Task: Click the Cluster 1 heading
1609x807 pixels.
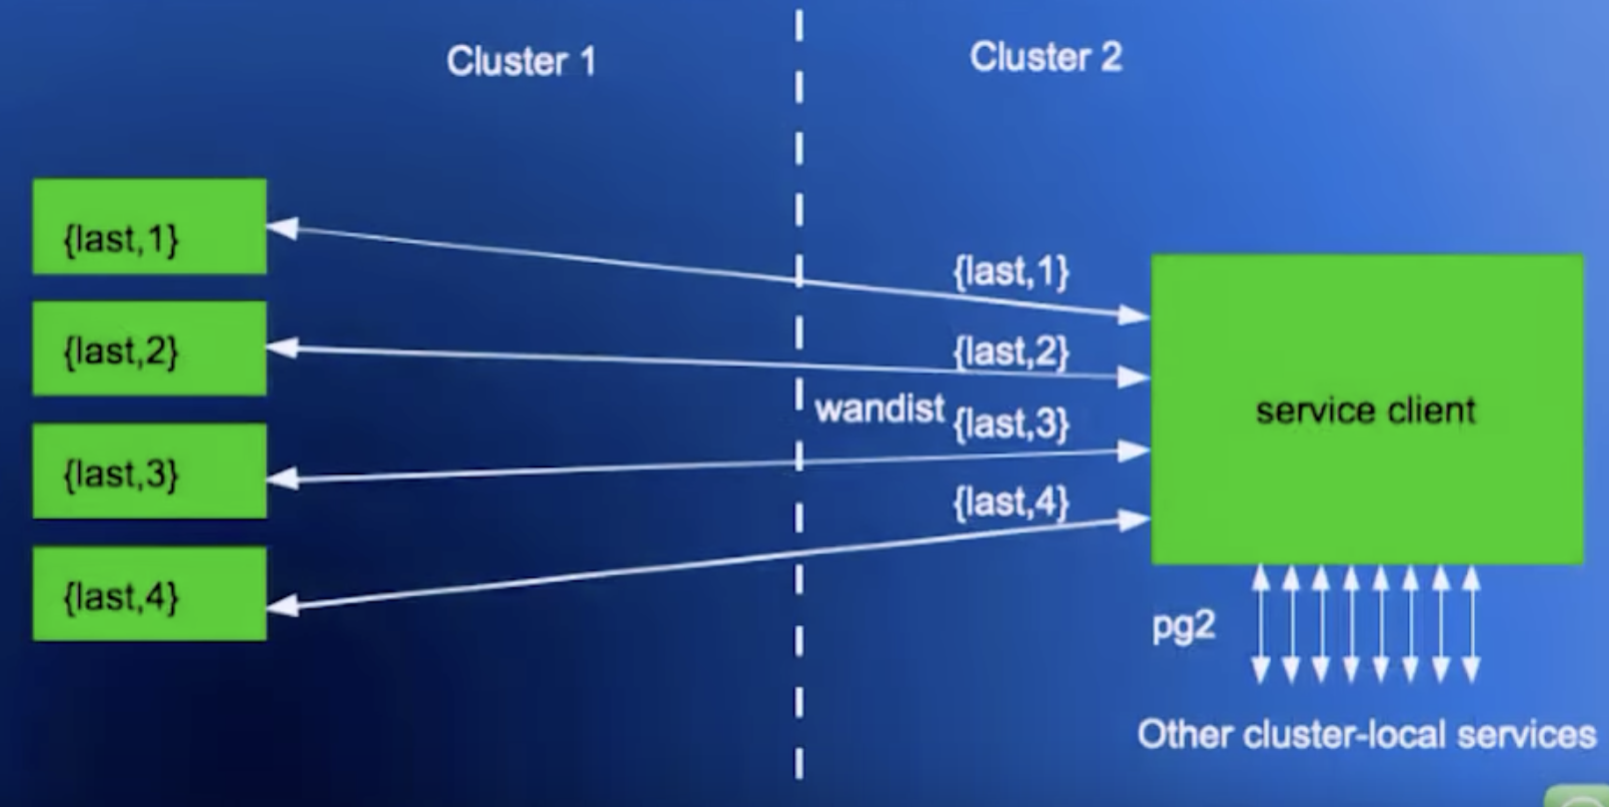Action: (x=521, y=62)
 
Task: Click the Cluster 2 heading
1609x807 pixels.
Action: (x=1045, y=57)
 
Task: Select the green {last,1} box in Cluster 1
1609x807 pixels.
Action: (x=150, y=227)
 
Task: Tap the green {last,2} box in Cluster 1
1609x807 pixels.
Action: (x=150, y=349)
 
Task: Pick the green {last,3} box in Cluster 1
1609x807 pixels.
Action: (x=150, y=471)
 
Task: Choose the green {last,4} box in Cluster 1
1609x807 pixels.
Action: (x=150, y=593)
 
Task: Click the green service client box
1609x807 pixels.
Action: (x=1367, y=409)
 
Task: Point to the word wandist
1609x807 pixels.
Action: (x=879, y=408)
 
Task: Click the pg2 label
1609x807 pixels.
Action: (x=1183, y=626)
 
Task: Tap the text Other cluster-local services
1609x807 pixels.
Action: (x=1366, y=735)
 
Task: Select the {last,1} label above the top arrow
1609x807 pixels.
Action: (x=1010, y=272)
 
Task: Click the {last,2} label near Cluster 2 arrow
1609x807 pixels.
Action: (x=1010, y=352)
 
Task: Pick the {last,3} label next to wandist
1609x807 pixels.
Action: (x=1010, y=423)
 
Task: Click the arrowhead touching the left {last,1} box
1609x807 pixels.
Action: (x=282, y=228)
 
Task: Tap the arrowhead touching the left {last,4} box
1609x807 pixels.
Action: (x=283, y=604)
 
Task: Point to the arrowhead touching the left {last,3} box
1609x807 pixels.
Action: (x=283, y=479)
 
